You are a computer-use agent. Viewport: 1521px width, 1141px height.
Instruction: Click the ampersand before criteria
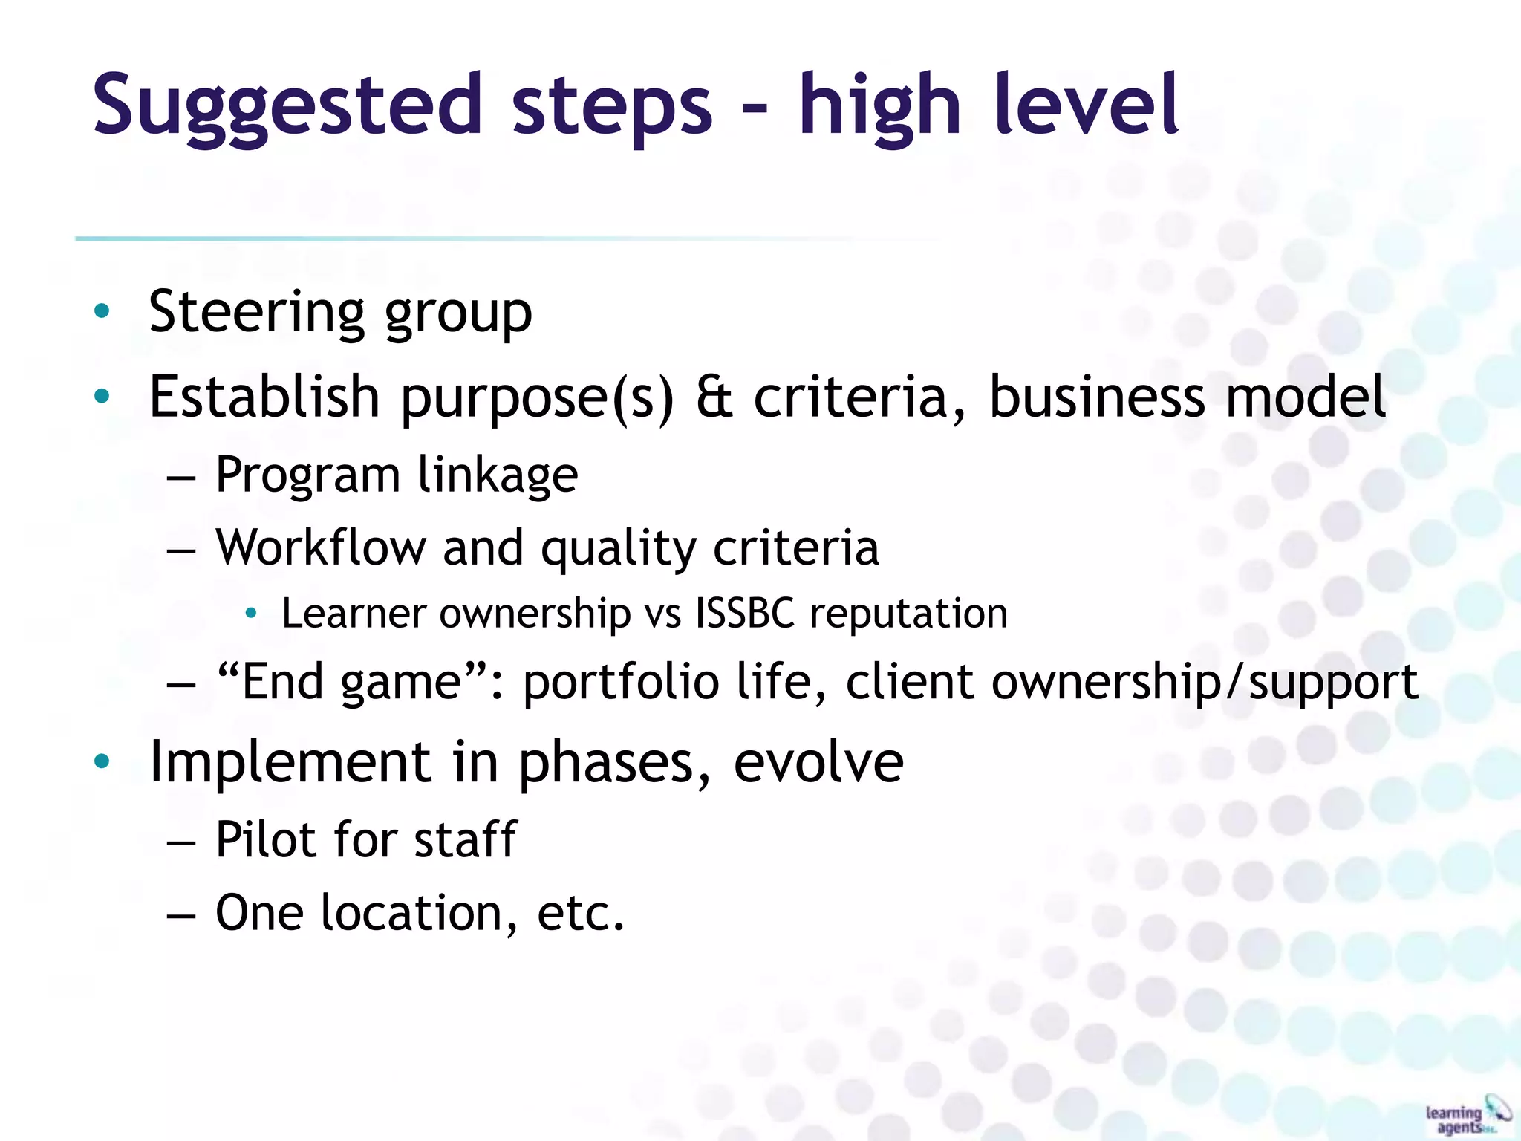714,397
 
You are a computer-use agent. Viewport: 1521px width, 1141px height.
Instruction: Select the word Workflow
321,547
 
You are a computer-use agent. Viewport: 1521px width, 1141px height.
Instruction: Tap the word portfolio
621,682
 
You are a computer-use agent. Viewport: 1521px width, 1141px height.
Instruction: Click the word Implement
290,762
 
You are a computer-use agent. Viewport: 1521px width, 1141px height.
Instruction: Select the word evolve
818,762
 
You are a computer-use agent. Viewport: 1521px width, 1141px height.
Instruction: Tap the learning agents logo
1467,1114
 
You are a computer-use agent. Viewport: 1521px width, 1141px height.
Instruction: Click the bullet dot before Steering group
102,311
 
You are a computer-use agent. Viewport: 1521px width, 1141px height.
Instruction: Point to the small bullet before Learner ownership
252,613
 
